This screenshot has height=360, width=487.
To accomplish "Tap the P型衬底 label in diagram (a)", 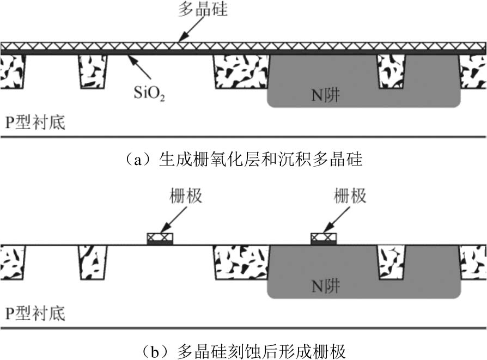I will click(x=35, y=123).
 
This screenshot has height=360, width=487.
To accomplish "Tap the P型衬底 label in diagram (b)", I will click(x=35, y=313).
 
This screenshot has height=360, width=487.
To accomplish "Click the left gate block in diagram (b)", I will click(x=160, y=239).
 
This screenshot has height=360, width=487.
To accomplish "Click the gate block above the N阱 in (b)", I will click(x=324, y=239).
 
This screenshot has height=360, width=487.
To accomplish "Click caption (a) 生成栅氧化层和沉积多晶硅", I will click(x=243, y=160).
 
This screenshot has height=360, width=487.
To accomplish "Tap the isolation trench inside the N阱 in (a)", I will click(x=392, y=71).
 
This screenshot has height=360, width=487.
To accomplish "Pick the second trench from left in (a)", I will click(x=93, y=71).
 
